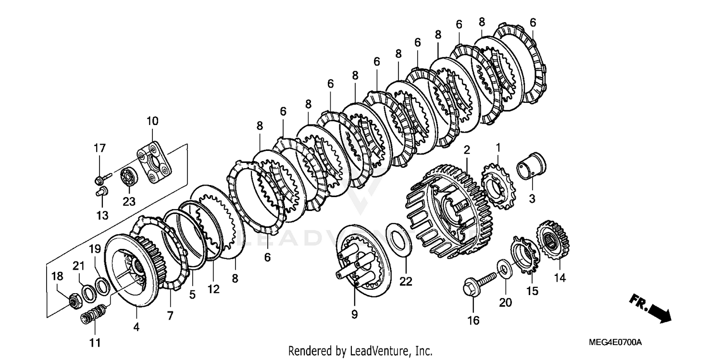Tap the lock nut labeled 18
[74, 301]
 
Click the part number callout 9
[354, 314]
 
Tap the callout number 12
[213, 289]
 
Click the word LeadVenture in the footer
[385, 351]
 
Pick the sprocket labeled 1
[497, 185]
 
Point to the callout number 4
[137, 327]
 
